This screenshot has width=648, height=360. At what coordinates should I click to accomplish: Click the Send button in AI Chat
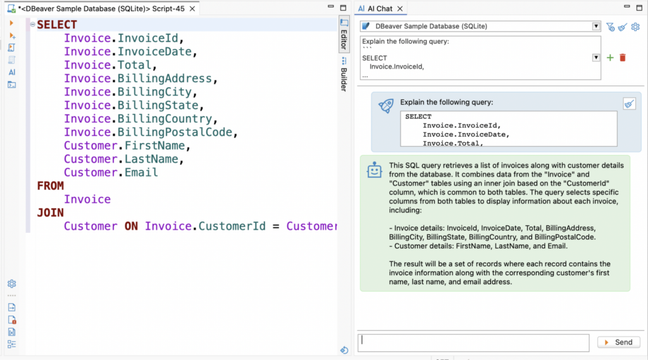pyautogui.click(x=619, y=342)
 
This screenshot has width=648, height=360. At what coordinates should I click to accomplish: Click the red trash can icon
pyautogui.click(x=623, y=58)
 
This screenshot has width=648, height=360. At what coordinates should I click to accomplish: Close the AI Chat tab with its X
pyautogui.click(x=400, y=9)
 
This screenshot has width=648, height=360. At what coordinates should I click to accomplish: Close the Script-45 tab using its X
pyautogui.click(x=192, y=9)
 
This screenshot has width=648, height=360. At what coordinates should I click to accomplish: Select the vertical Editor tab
pyautogui.click(x=344, y=35)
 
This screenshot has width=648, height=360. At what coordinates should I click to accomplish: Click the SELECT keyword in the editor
pyautogui.click(x=57, y=25)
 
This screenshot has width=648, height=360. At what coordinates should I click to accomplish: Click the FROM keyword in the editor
pyautogui.click(x=51, y=186)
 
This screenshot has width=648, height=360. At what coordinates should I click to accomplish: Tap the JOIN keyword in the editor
pyautogui.click(x=51, y=213)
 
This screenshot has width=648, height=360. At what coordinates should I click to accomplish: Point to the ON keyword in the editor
pyautogui.click(x=131, y=226)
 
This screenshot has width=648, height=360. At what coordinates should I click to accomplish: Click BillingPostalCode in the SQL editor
pyautogui.click(x=175, y=132)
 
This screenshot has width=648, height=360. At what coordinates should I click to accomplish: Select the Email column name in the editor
pyautogui.click(x=141, y=172)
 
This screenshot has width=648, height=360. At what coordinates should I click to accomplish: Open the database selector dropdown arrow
pyautogui.click(x=596, y=26)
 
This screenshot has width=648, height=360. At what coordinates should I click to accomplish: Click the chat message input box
pyautogui.click(x=473, y=343)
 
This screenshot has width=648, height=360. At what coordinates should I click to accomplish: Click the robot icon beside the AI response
pyautogui.click(x=375, y=170)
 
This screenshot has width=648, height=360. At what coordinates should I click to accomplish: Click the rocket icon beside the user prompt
pyautogui.click(x=386, y=106)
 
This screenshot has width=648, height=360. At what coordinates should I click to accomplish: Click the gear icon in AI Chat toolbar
pyautogui.click(x=635, y=27)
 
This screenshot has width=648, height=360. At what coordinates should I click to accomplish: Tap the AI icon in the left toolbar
pyautogui.click(x=11, y=72)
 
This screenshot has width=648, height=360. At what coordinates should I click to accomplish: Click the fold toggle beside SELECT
pyautogui.click(x=32, y=25)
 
